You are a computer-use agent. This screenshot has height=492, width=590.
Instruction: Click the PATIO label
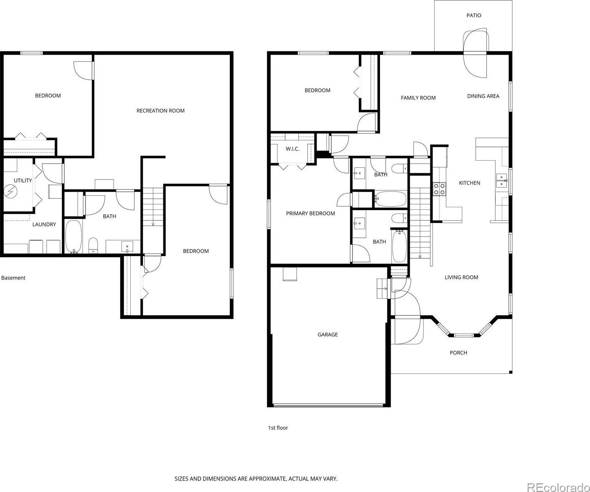pyautogui.click(x=474, y=15)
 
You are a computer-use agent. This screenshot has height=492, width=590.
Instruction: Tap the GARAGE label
pyautogui.click(x=328, y=334)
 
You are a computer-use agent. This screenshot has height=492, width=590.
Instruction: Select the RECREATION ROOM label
pyautogui.click(x=160, y=111)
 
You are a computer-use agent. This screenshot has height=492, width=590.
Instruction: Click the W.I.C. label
pyautogui.click(x=292, y=149)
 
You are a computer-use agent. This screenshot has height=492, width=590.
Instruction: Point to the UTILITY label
pyautogui.click(x=23, y=181)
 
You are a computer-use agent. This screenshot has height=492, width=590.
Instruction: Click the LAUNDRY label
pyautogui.click(x=44, y=224)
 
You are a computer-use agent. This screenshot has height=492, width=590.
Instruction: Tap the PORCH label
pyautogui.click(x=458, y=353)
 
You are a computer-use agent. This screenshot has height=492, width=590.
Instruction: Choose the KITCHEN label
pyautogui.click(x=469, y=183)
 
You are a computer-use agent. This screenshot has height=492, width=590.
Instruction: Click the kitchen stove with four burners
pyautogui.click(x=439, y=189)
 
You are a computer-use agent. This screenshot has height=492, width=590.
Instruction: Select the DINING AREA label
pyautogui.click(x=483, y=96)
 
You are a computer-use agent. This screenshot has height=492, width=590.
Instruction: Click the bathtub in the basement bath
pyautogui.click(x=74, y=236)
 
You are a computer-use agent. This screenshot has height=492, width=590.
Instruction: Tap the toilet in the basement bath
pyautogui.click(x=93, y=245)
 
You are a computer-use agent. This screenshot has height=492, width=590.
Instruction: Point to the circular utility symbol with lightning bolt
pyautogui.click(x=11, y=192)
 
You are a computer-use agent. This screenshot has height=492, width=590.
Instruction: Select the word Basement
pyautogui.click(x=13, y=278)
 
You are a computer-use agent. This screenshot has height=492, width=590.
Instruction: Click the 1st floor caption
pyautogui.click(x=278, y=428)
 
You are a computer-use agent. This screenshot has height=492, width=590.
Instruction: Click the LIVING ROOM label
pyautogui.click(x=461, y=278)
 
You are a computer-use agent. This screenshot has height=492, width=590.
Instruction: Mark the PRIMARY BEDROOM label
pyautogui.click(x=311, y=214)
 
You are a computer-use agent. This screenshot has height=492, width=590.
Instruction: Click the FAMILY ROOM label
pyautogui.click(x=418, y=98)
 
